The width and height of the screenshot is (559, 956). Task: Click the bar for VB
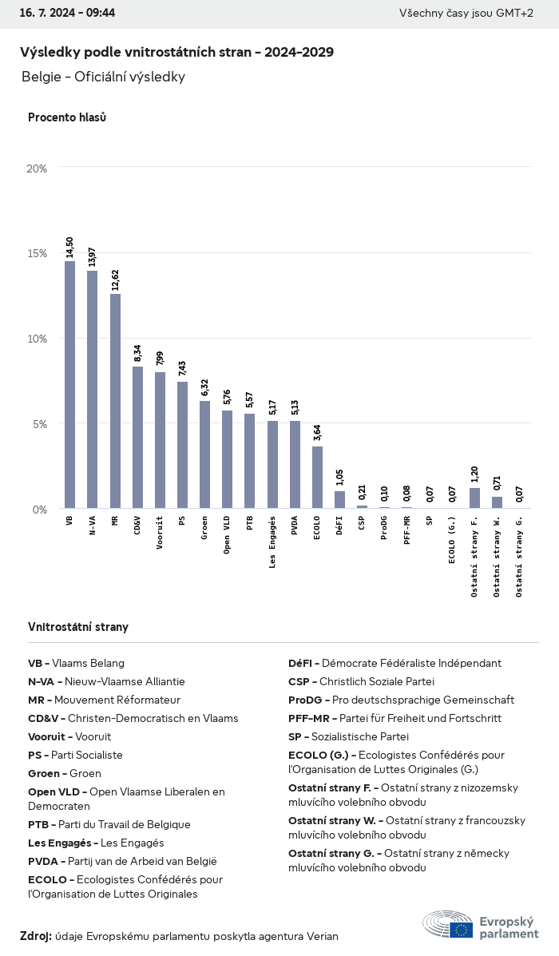(70, 384)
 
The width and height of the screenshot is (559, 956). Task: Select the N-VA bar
(93, 389)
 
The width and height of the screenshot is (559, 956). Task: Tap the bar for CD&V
(137, 437)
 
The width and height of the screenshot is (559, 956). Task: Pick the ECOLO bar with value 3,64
(317, 477)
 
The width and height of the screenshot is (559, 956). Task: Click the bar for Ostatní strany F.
(474, 498)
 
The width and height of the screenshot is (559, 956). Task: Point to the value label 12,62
(115, 278)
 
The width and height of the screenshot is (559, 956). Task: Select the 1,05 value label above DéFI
(339, 478)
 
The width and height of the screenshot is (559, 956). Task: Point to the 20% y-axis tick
(37, 169)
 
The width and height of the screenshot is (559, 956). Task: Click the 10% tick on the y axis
(37, 339)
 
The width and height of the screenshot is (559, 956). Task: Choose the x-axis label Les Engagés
(272, 543)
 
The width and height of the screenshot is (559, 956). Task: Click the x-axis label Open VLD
(228, 535)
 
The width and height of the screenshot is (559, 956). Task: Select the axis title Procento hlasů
(67, 117)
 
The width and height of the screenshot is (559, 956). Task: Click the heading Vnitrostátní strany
(78, 627)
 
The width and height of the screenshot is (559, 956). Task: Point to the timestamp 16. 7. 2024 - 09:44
(67, 14)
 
